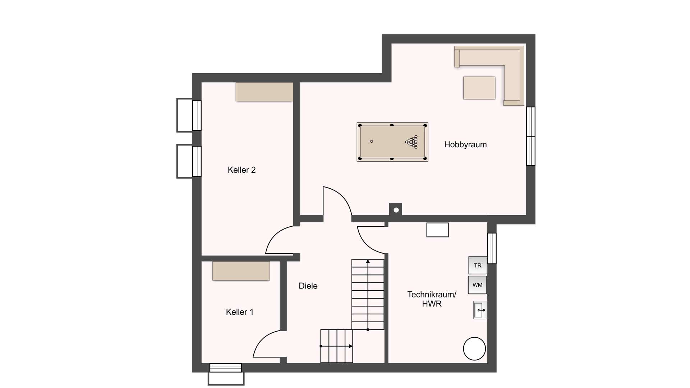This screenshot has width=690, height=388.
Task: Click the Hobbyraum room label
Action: [465, 145]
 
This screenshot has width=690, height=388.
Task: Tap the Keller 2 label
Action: [241, 170]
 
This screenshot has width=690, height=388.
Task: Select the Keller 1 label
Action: [240, 312]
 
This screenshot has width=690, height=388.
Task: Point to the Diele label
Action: [308, 286]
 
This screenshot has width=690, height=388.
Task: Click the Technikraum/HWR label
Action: [432, 299]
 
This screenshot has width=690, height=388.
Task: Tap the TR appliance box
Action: [478, 265]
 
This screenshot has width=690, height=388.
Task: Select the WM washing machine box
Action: [478, 285]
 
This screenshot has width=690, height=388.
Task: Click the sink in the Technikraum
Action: [480, 310]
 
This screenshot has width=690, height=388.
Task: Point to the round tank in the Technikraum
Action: [474, 348]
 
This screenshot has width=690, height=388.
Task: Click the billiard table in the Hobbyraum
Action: [392, 142]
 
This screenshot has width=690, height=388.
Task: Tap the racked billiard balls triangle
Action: [412, 142]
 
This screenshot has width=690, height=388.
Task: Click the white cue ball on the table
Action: [372, 142]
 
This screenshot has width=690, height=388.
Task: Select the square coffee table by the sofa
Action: [479, 88]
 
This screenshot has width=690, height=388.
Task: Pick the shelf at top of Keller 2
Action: [264, 92]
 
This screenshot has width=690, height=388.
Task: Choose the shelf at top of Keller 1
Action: [241, 271]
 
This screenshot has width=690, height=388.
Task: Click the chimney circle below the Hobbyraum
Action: [396, 210]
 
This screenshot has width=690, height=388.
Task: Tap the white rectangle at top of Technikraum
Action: [438, 230]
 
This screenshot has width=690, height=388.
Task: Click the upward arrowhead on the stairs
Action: [368, 261]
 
